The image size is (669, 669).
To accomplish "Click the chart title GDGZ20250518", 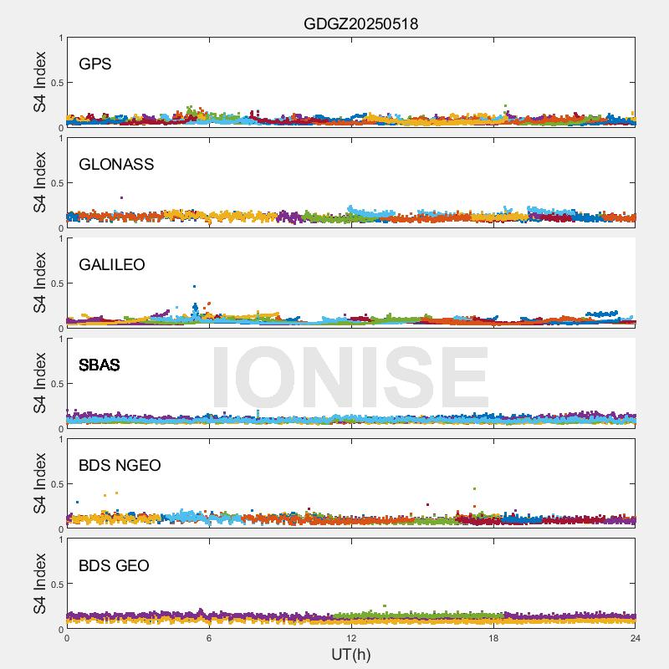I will [360, 24].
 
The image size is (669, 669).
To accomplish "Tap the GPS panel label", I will [94, 64].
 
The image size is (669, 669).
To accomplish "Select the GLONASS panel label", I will [116, 164].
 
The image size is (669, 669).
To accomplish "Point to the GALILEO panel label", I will [111, 264].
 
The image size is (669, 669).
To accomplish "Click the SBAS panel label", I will [99, 365].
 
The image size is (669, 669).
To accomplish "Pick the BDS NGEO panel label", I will [120, 465].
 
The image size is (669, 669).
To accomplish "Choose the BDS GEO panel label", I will [114, 565].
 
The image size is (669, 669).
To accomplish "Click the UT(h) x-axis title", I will [350, 654].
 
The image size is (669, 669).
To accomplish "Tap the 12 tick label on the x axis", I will [351, 638].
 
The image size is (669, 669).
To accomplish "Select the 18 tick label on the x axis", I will [493, 638].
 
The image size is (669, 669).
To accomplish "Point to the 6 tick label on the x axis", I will [209, 638].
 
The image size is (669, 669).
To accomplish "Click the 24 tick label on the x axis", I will [635, 638].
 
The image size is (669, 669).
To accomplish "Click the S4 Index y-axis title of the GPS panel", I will [40, 82].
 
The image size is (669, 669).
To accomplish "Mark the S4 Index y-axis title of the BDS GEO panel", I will [40, 584].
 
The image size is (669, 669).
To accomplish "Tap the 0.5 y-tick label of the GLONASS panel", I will [54, 183].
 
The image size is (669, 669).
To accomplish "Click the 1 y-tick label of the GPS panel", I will [60, 38].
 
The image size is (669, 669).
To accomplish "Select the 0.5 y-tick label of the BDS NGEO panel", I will [54, 484].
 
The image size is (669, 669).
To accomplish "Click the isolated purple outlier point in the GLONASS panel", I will [122, 197].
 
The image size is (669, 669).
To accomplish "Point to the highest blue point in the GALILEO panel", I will [194, 286].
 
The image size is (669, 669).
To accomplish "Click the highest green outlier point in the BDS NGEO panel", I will [474, 488].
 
